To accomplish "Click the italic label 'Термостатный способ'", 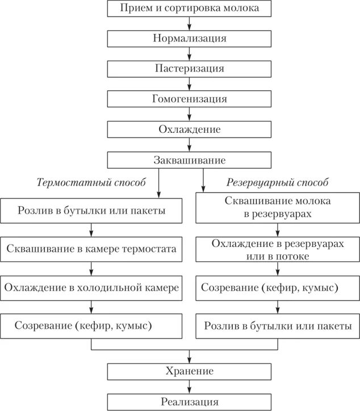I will point(91,183).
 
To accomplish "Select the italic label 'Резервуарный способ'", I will point(278,183).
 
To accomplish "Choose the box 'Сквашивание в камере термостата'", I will point(91,249).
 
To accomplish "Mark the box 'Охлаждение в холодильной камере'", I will point(91,287).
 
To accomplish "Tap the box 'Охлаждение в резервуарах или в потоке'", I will point(278,249).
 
